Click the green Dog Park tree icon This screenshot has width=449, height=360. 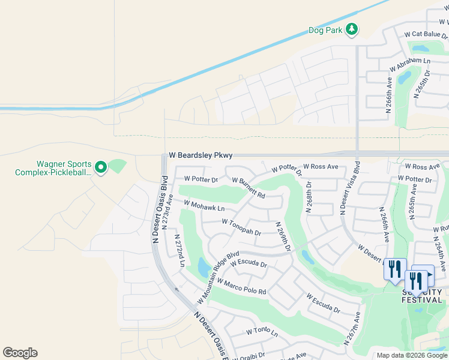click(x=351, y=29)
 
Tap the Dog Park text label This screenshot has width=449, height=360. click(x=325, y=30)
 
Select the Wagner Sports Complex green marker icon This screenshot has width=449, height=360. click(x=101, y=167)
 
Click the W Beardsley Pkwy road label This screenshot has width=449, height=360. click(x=200, y=155)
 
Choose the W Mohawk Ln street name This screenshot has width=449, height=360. click(x=204, y=206)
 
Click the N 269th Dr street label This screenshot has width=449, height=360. click(x=283, y=236)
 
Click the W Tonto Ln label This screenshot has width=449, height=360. click(x=262, y=332)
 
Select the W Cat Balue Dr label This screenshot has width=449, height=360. click(x=426, y=34)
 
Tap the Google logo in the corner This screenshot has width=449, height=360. click(x=20, y=353)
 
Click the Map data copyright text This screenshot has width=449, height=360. click(x=411, y=355)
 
